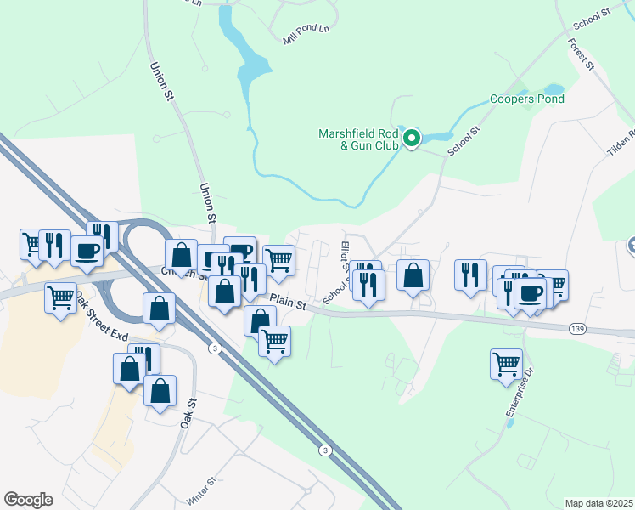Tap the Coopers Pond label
tap(527, 99)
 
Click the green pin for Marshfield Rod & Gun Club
tap(412, 138)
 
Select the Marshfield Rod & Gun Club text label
tap(357, 139)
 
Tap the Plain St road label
tap(288, 299)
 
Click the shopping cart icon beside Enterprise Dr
tap(507, 363)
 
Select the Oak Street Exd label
tap(100, 317)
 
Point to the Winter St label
tap(202, 490)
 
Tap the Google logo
tap(28, 499)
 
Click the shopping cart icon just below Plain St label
tap(274, 341)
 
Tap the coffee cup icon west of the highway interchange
tap(87, 251)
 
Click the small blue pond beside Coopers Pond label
tap(553, 88)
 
